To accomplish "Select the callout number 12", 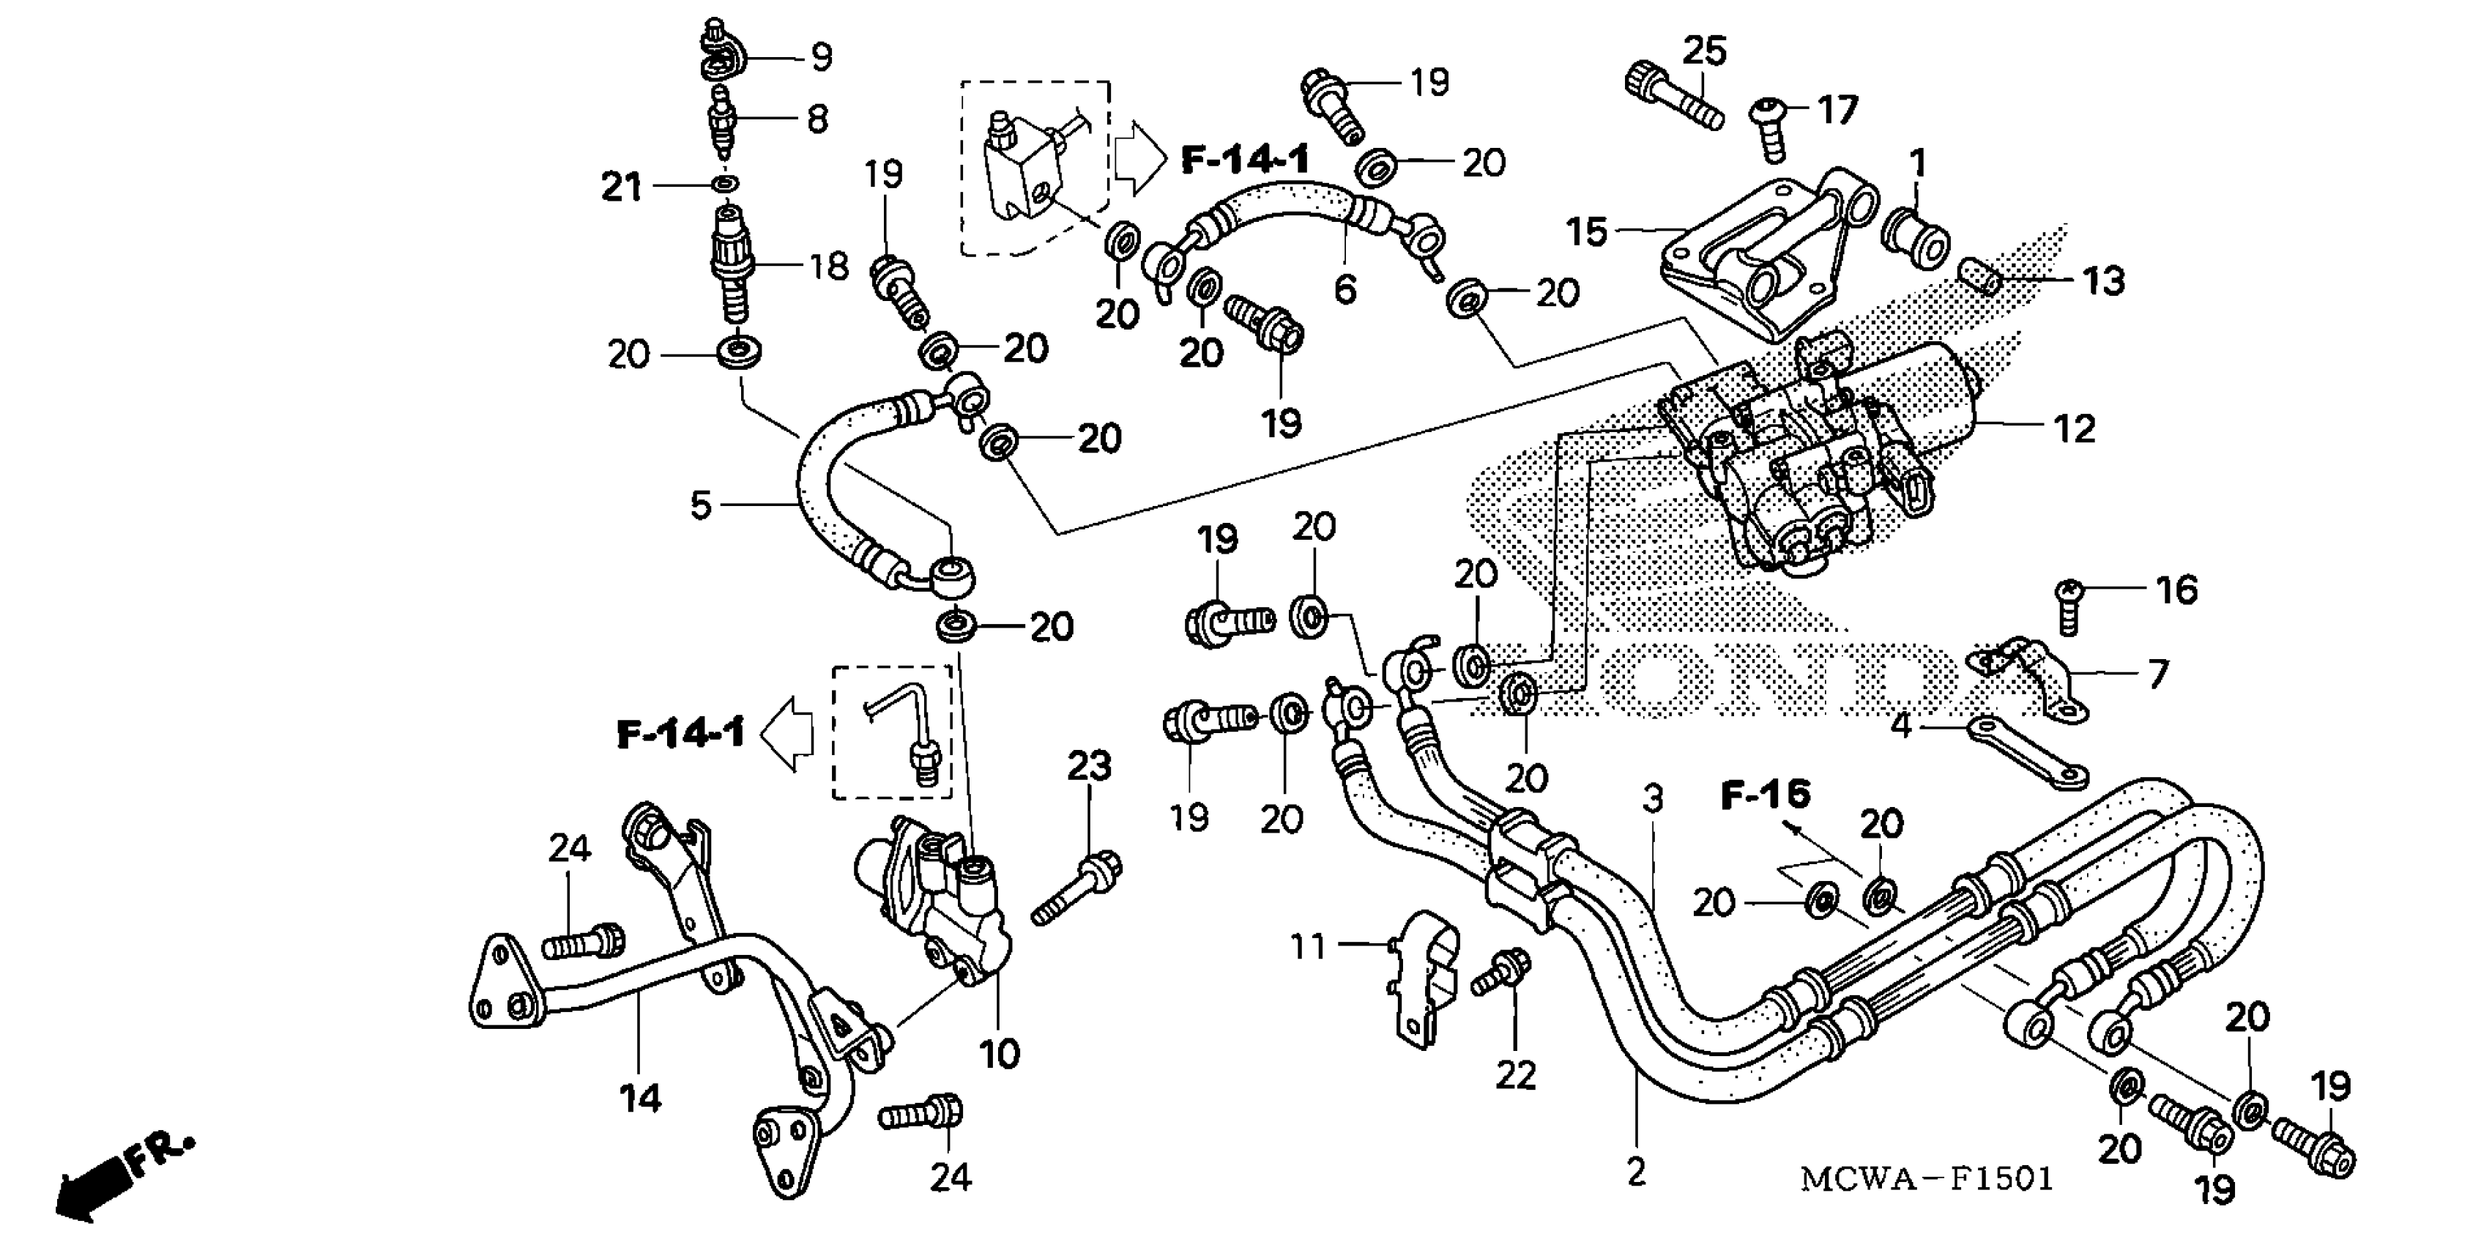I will point(2073,428).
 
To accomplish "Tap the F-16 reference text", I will point(1766,795).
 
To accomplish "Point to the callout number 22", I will point(1515,1075).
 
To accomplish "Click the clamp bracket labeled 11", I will point(1425,977).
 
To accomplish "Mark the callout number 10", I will point(998,1053).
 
